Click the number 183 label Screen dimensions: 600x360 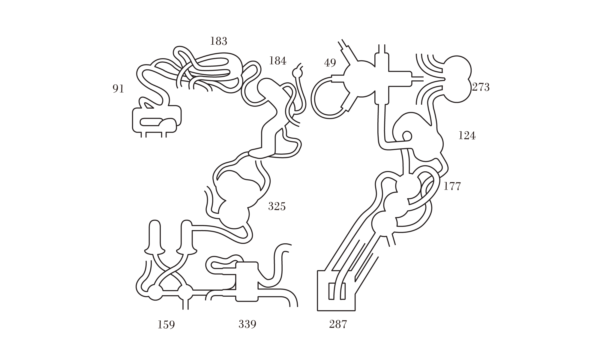219,41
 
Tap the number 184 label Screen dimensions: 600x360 277,61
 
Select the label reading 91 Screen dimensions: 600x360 118,89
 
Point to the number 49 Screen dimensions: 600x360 330,63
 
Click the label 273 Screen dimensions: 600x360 481,87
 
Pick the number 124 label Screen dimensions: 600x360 467,136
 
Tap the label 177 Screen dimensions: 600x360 452,186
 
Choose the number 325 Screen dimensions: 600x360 277,206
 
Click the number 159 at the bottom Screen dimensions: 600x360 166,325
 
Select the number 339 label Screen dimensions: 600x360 247,324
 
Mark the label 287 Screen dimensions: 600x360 338,324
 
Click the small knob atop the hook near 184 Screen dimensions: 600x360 297,73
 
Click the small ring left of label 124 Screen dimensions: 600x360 406,136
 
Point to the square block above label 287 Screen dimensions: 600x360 336,290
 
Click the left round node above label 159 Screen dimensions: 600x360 155,292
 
